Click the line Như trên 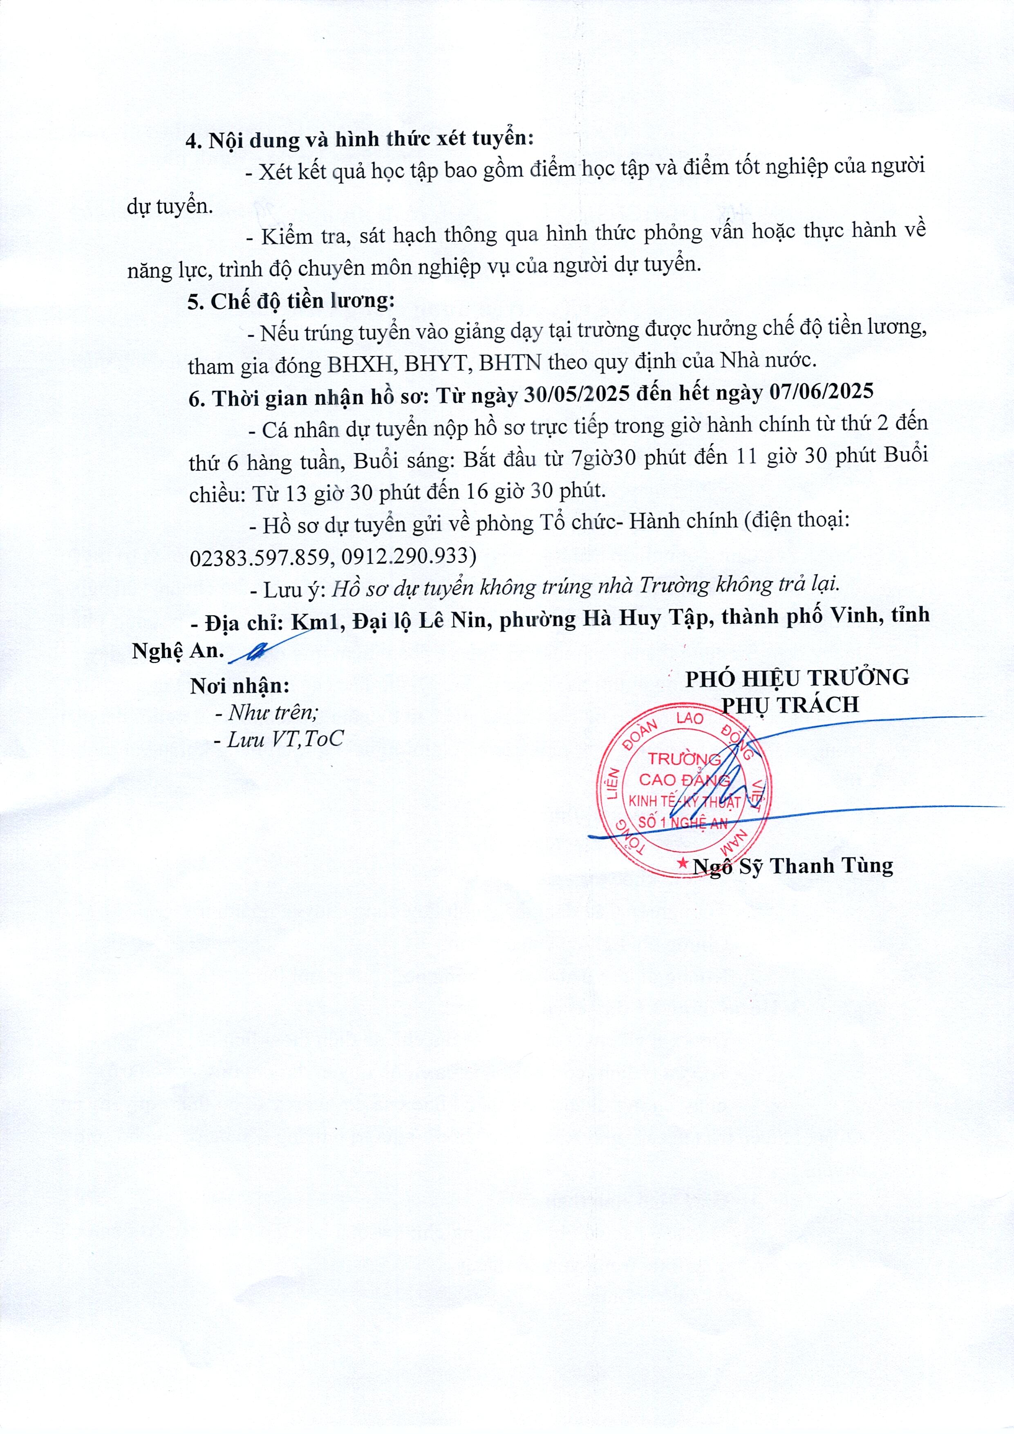(x=266, y=713)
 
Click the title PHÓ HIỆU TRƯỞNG (x=797, y=678)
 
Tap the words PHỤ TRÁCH (x=790, y=705)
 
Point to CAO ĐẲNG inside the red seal (x=684, y=780)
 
